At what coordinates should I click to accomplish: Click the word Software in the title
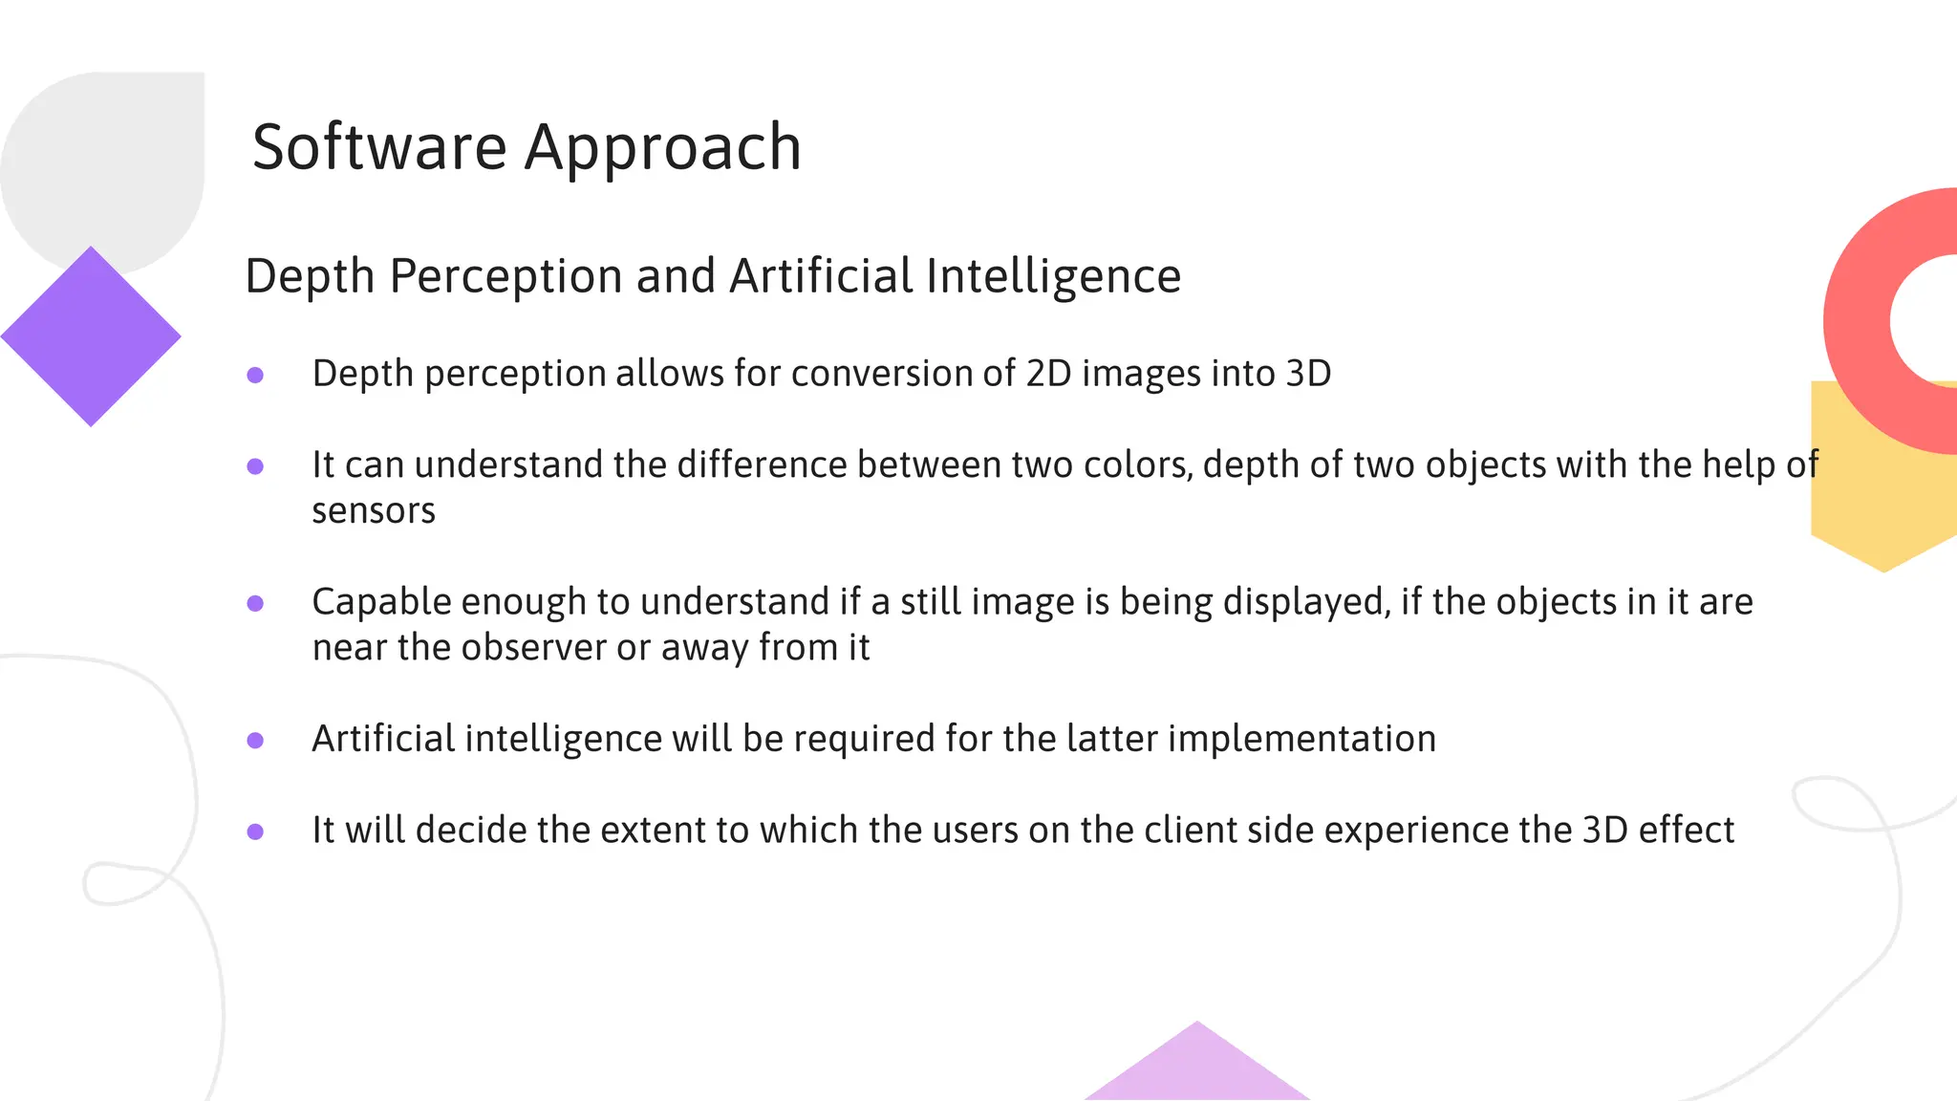click(378, 148)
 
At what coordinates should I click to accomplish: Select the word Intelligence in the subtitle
click(1053, 277)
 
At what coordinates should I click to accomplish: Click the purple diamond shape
click(91, 336)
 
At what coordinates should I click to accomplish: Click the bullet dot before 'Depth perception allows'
click(255, 375)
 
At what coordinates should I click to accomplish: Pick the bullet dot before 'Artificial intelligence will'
click(255, 740)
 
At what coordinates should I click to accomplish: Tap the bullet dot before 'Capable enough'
click(255, 603)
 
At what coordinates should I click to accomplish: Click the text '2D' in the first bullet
click(1048, 374)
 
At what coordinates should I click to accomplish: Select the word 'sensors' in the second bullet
click(374, 511)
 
